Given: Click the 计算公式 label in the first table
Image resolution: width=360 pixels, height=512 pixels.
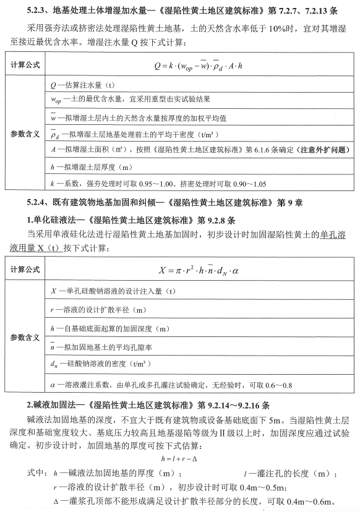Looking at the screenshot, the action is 25,65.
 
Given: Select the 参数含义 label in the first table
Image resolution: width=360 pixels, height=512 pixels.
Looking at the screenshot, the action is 25,133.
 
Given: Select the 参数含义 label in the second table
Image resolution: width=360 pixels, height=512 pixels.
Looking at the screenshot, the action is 25,338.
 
